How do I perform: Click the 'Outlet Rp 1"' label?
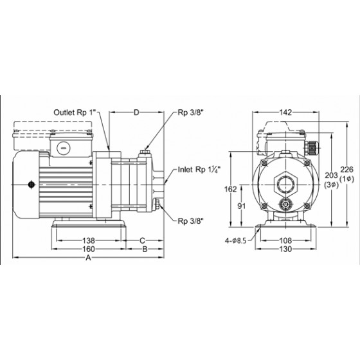[x=76, y=113]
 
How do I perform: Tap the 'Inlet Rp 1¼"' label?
[x=199, y=170]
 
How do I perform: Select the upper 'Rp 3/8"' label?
[x=190, y=113]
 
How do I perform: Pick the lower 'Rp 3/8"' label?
[x=190, y=221]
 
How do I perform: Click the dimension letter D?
[x=136, y=113]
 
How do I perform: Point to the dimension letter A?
[x=88, y=258]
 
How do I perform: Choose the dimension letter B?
[x=145, y=249]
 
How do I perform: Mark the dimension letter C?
[x=142, y=240]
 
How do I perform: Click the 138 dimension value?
[x=89, y=240]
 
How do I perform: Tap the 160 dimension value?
[x=89, y=249]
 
